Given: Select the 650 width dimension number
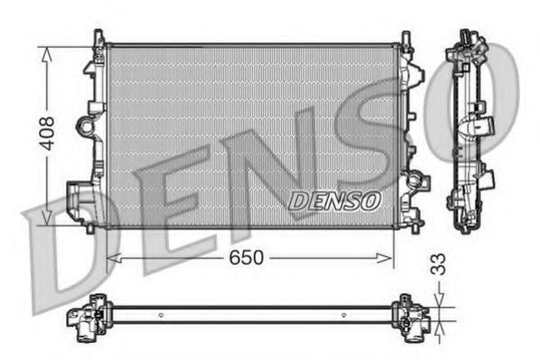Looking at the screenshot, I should tap(247, 258).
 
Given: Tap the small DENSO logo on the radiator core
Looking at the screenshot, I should tap(335, 200).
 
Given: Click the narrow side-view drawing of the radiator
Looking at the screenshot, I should tap(469, 131).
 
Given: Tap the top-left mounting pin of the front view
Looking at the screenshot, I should tap(98, 37).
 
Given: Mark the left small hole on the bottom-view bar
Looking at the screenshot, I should tap(160, 315).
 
